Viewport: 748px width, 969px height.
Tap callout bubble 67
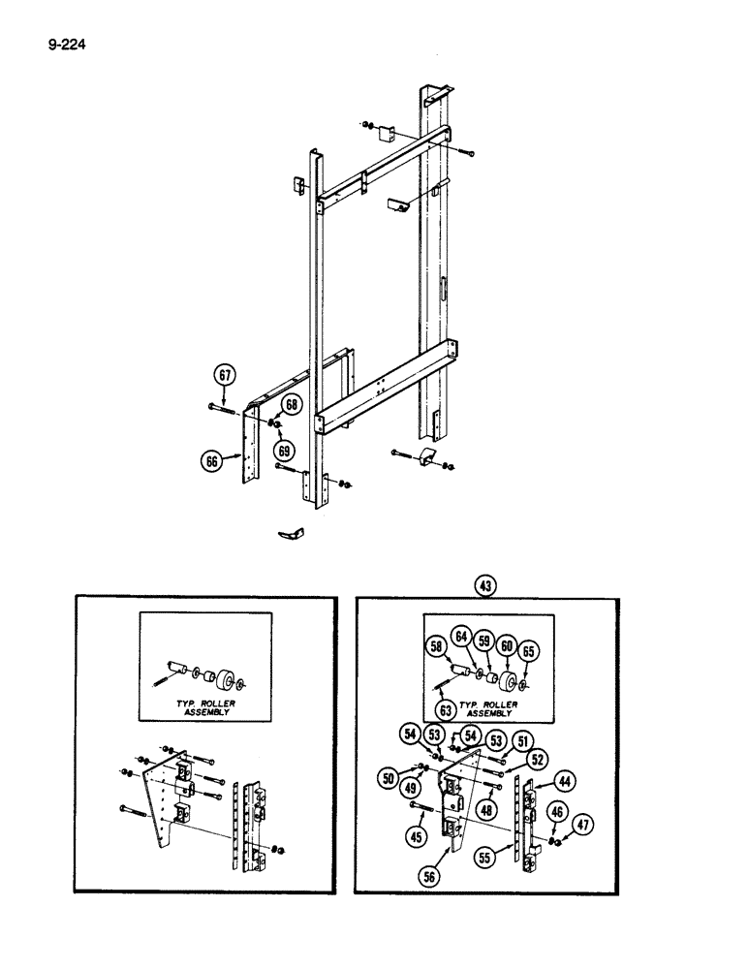click(x=224, y=375)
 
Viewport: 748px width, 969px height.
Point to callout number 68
click(x=291, y=403)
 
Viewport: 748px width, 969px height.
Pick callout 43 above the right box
click(x=484, y=584)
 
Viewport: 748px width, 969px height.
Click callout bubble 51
click(x=522, y=742)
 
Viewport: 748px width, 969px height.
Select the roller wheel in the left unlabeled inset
click(x=230, y=675)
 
